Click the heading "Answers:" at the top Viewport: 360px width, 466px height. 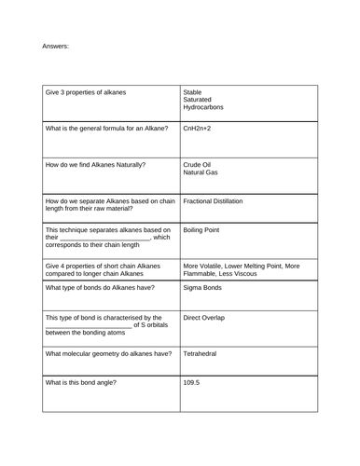(x=55, y=46)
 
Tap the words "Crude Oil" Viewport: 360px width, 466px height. (x=199, y=164)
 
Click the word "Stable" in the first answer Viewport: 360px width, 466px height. (x=193, y=92)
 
